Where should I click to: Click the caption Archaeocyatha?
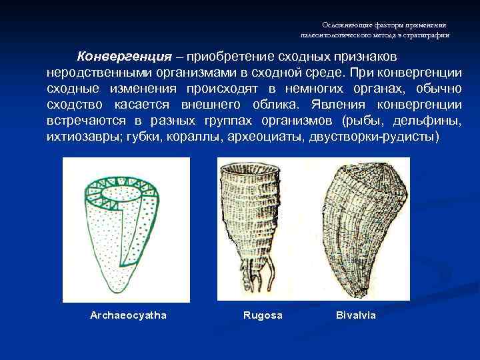(128, 315)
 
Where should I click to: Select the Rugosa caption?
(263, 315)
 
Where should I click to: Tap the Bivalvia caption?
(356, 315)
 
